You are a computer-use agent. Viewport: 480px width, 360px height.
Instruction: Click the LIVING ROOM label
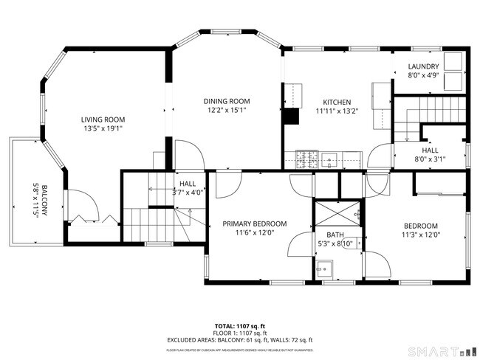point(103,120)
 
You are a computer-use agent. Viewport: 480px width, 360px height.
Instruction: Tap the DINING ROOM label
point(227,101)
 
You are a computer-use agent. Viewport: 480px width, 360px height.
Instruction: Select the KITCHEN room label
point(335,103)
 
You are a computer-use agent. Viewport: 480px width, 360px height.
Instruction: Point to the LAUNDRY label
point(423,66)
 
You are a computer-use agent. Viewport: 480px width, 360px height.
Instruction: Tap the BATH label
point(326,235)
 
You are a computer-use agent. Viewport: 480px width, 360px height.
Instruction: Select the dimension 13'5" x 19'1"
point(103,128)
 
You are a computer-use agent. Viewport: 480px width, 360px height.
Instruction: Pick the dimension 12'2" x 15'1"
point(227,111)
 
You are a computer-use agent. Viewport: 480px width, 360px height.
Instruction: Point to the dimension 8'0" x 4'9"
point(423,75)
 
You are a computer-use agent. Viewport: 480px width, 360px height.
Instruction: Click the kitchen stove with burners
point(307,157)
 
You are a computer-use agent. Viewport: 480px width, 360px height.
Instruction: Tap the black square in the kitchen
point(292,117)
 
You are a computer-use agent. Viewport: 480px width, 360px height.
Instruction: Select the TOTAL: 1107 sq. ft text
point(239,325)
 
